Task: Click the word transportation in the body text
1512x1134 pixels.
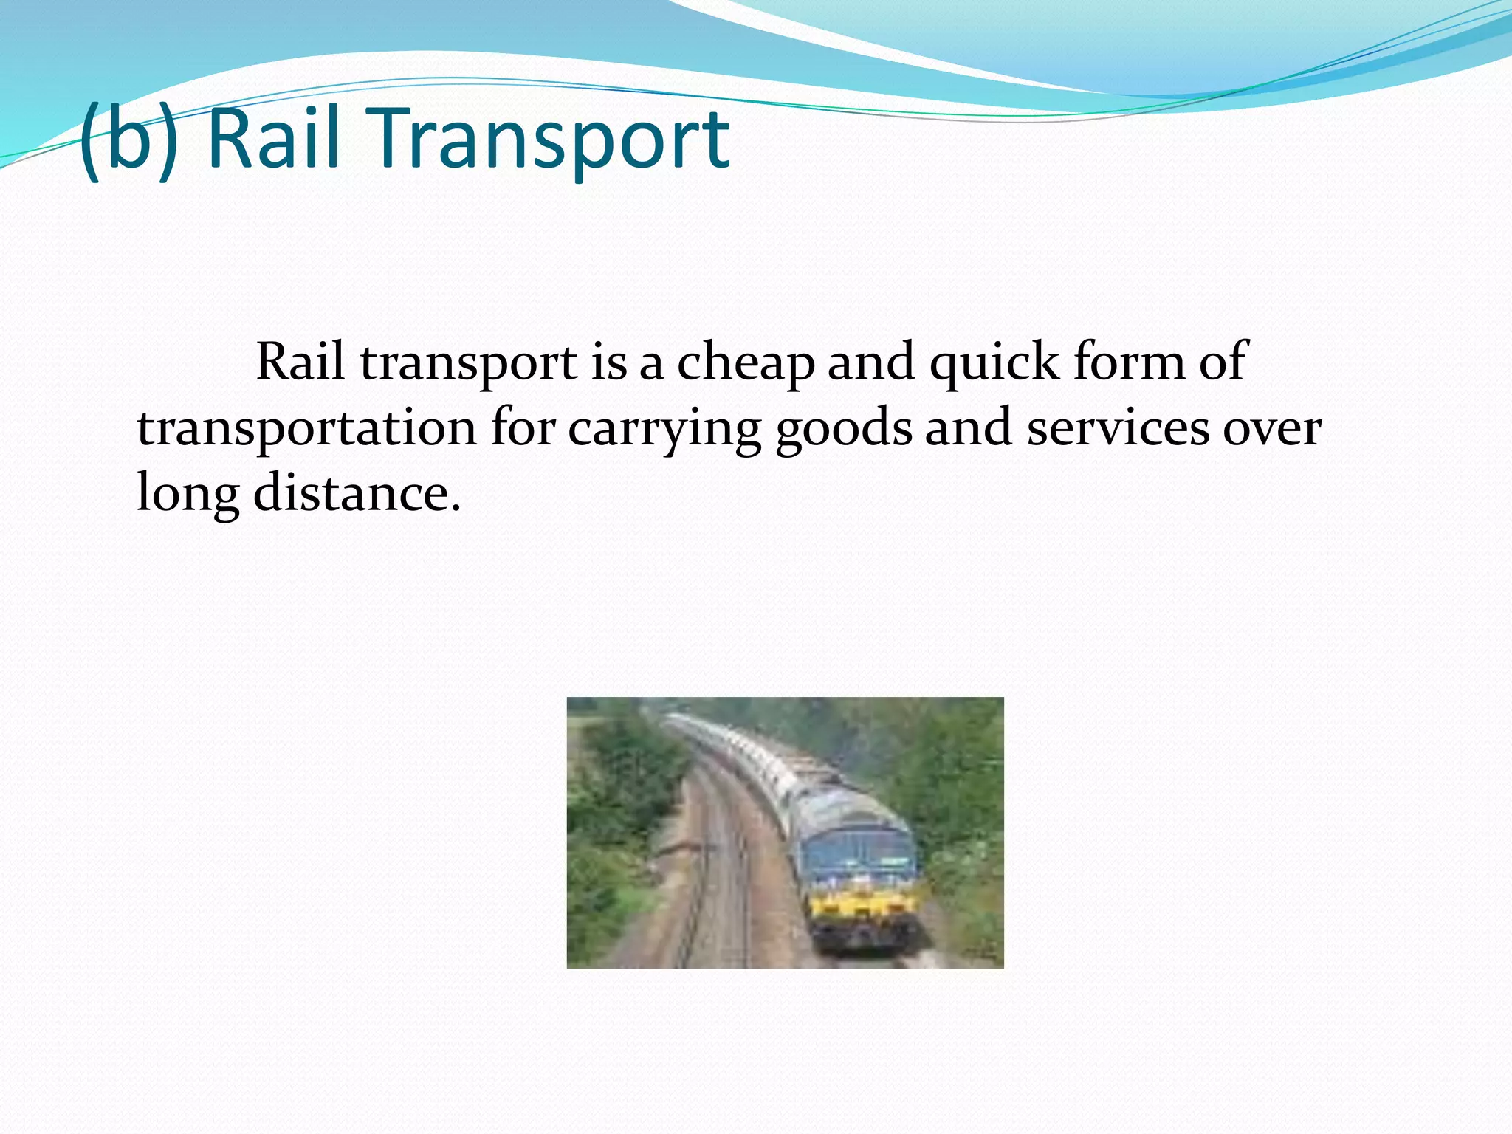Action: click(307, 428)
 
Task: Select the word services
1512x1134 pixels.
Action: click(1118, 428)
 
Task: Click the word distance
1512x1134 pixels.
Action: click(357, 493)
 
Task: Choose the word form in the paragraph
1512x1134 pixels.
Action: click(1128, 362)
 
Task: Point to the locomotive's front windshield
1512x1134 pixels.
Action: click(860, 855)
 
